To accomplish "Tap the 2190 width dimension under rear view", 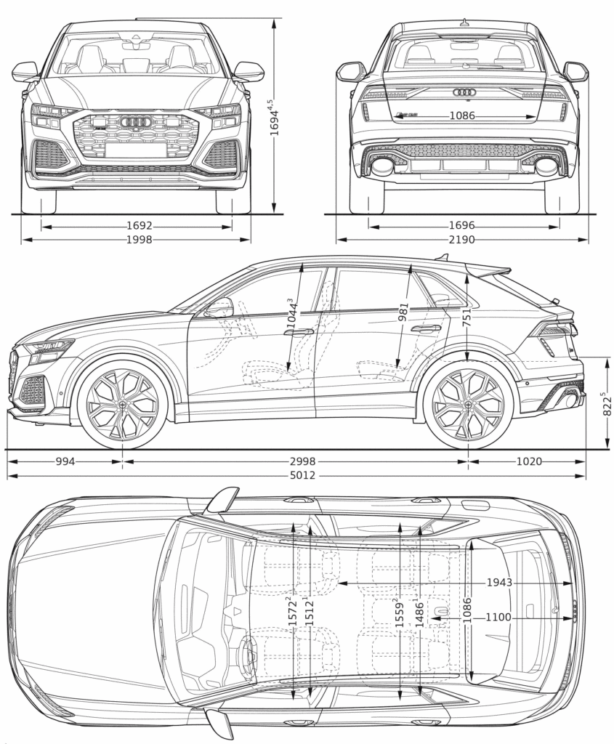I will (462, 239).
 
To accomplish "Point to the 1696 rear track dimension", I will (462, 226).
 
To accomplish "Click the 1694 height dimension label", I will (275, 116).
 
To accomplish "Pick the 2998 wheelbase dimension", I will (296, 461).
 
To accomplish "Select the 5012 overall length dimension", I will (296, 476).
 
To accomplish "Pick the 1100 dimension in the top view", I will (498, 618).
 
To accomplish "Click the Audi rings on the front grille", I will (136, 121).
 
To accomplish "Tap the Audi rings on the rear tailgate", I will (464, 92).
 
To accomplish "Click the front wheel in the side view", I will (122, 405).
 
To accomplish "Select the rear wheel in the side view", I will (467, 405).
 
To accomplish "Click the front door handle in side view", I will (299, 332).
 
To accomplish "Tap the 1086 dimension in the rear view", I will (462, 116).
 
